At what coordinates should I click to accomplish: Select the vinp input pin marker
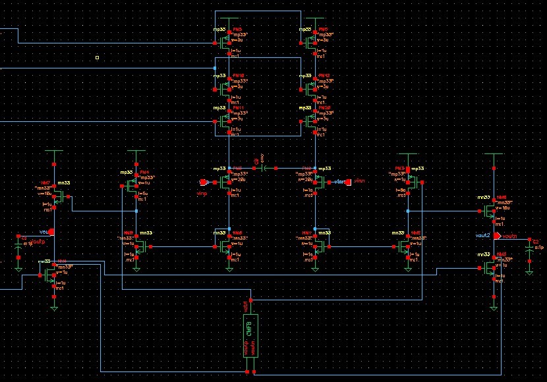tap(204, 182)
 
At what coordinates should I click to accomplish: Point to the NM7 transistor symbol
tap(57, 195)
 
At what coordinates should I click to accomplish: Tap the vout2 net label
tap(483, 235)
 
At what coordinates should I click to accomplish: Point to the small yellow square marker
tap(97, 57)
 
